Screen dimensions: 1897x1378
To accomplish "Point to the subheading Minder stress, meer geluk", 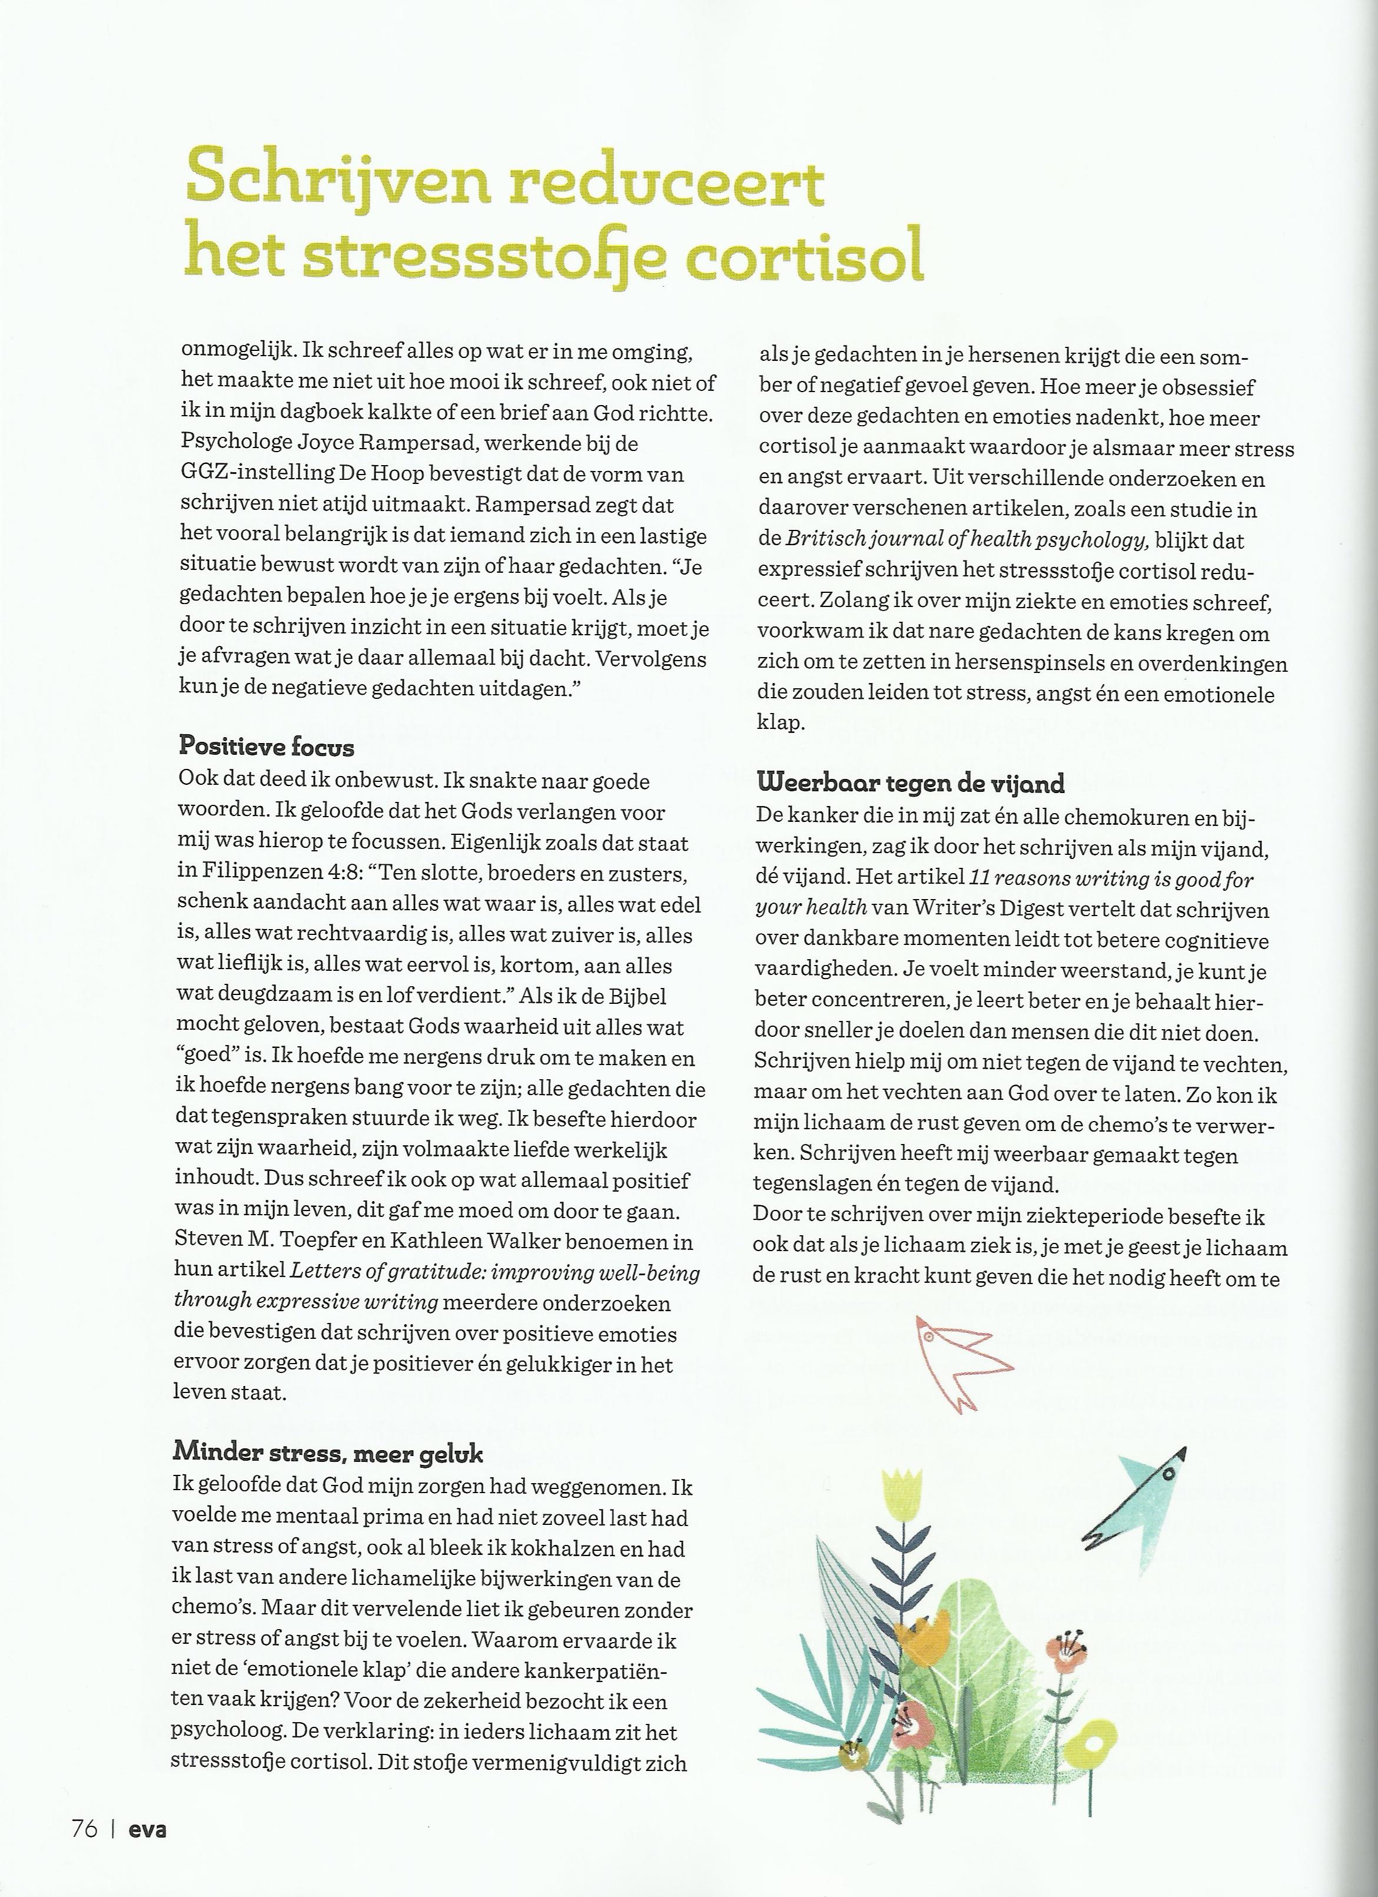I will (x=328, y=1454).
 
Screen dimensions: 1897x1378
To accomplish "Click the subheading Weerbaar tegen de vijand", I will (x=911, y=783).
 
